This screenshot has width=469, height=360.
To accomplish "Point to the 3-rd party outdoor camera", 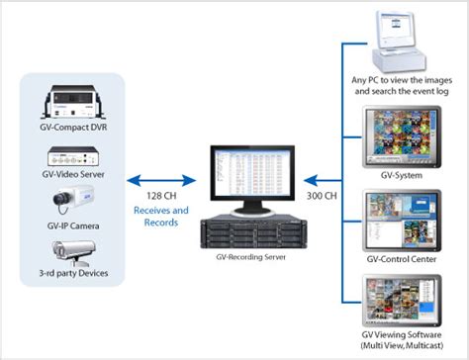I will click(x=77, y=251).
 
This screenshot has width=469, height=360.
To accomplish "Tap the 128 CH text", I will click(x=156, y=197).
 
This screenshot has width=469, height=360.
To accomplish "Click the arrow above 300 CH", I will click(x=323, y=180).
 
